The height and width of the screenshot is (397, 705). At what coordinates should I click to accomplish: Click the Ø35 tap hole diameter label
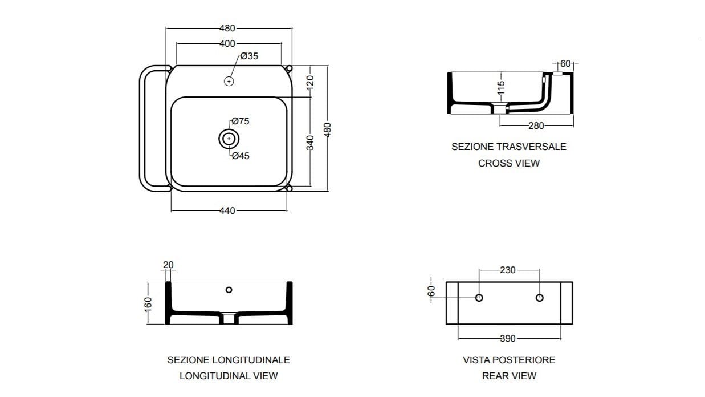coord(249,56)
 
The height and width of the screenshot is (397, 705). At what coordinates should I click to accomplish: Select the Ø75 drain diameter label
coord(241,121)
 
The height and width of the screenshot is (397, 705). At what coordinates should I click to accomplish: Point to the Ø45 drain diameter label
coord(241,156)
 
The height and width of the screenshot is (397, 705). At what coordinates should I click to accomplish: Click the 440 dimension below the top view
coord(227,210)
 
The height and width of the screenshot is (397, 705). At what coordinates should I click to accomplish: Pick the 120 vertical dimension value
coord(311,82)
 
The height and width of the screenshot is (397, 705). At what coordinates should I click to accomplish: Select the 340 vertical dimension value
coord(311,142)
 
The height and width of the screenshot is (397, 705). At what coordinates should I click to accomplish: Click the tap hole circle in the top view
coord(229,82)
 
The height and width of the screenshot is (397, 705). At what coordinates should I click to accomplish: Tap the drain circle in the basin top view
coord(229,139)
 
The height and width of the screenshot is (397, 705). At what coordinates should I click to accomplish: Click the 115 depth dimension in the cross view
coord(501,88)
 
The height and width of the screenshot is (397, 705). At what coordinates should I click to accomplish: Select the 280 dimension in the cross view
coord(536,125)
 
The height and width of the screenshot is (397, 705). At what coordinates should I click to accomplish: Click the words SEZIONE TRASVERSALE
coord(509,147)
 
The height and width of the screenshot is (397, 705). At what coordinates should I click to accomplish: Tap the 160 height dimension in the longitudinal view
coord(148,303)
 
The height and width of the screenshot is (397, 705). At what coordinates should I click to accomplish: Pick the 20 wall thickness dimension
coord(168,265)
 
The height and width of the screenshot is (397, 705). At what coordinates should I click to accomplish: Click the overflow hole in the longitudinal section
coord(229,290)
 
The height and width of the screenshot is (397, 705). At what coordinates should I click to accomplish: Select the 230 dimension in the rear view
coord(507,270)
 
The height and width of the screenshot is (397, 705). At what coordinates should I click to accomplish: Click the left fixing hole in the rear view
coord(479,298)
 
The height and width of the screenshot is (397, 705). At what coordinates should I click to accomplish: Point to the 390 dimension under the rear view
coord(507,339)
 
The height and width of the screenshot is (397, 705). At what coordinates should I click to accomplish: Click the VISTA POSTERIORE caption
coord(509,360)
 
